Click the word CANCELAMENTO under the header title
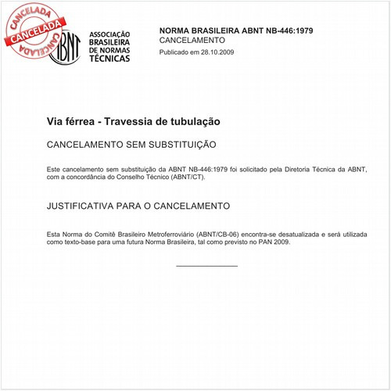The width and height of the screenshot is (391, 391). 192,40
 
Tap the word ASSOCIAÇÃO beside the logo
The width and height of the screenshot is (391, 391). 110,35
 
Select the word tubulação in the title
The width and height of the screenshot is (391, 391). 193,122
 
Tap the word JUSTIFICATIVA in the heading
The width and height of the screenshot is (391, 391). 81,206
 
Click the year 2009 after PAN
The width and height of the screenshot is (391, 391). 278,242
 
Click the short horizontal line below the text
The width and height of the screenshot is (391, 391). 206,266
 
